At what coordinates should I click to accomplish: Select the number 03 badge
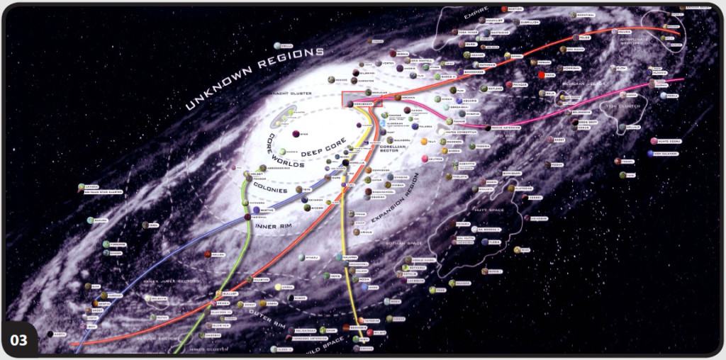(x=20, y=340)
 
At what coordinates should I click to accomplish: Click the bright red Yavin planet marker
(x=542, y=75)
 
